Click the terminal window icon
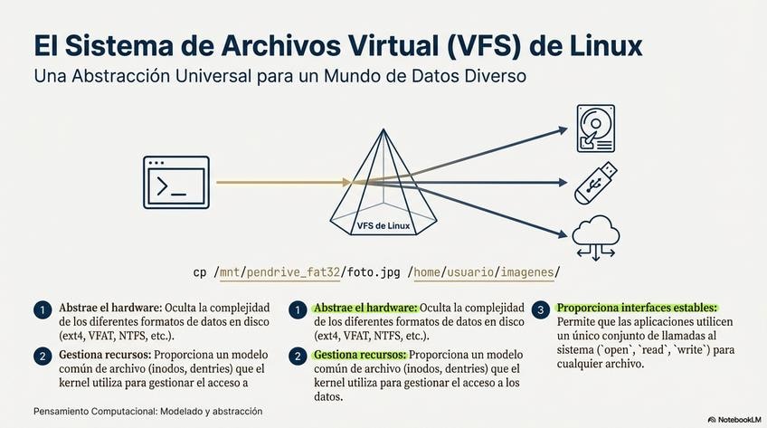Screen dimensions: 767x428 click(176, 182)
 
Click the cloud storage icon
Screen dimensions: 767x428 click(595, 237)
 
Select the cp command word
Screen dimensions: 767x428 click(200, 271)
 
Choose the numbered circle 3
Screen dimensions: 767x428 click(541, 309)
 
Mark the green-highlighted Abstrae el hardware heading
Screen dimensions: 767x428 click(365, 308)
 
